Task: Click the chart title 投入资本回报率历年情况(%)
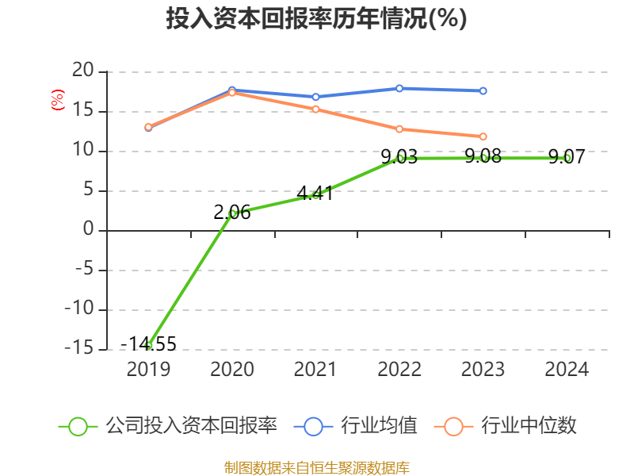click(x=316, y=19)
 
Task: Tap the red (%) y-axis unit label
click(x=57, y=100)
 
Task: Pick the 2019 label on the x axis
click(x=148, y=370)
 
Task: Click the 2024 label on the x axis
click(x=567, y=370)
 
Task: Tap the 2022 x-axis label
click(x=399, y=370)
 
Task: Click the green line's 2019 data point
click(x=148, y=345)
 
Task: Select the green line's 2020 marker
click(x=232, y=213)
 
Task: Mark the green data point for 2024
click(x=567, y=158)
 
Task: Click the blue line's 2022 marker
click(x=399, y=88)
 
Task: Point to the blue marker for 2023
click(x=483, y=91)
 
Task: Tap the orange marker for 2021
click(x=315, y=109)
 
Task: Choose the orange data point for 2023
click(x=483, y=136)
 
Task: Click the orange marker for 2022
click(x=399, y=129)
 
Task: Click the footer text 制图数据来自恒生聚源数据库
click(x=316, y=467)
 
